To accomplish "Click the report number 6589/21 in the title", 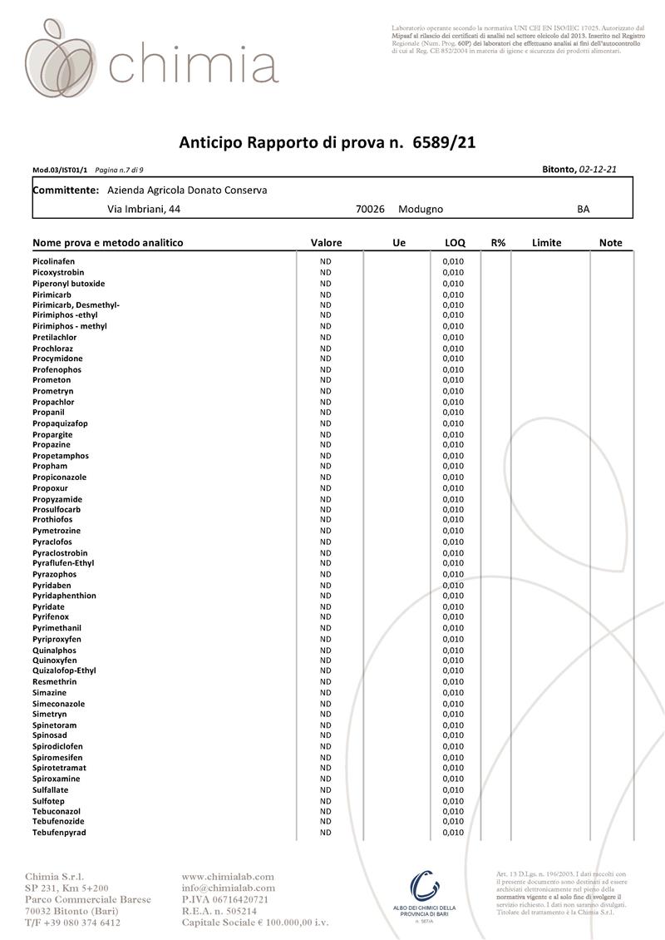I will tap(444, 142).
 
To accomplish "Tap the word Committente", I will tap(66, 190).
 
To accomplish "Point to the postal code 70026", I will tap(370, 210).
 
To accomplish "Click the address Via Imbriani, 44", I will tap(144, 210).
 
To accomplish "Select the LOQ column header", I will tap(455, 243).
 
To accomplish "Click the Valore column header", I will tap(326, 243).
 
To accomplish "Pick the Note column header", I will tap(610, 243).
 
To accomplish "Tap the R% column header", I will tap(498, 243).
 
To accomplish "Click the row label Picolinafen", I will tap(53, 262).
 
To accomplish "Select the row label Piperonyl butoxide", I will tap(68, 284).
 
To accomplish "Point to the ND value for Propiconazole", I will tap(326, 477).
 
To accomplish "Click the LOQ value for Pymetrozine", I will tap(453, 531).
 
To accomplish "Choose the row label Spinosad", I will tap(51, 735).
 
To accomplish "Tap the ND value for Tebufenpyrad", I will tap(326, 832).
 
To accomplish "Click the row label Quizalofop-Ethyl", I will tap(64, 670).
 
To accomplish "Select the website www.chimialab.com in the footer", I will tap(228, 876).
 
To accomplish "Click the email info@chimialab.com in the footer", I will tap(228, 888).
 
